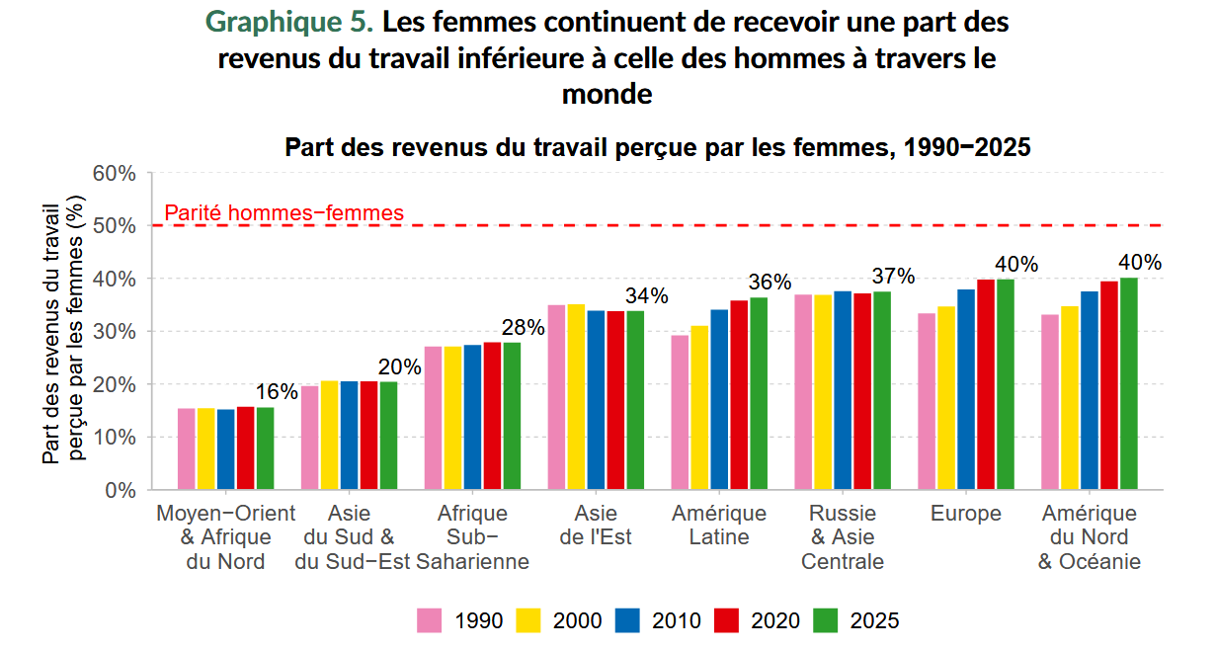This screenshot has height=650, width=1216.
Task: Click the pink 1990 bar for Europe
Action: tap(927, 401)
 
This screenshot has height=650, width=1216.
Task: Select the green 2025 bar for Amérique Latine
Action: tap(759, 393)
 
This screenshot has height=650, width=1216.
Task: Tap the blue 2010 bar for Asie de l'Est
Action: tap(596, 400)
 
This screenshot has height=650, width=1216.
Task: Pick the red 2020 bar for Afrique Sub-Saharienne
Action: tap(492, 416)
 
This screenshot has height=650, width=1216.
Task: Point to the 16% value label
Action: tap(277, 392)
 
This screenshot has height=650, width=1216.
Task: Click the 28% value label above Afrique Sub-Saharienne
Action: tap(524, 328)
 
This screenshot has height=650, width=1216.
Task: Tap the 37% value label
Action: tap(893, 277)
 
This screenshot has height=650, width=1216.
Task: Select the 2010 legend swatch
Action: tap(628, 620)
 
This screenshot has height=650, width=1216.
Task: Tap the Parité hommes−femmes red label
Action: tap(284, 212)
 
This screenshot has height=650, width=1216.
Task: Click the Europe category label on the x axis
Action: tap(965, 514)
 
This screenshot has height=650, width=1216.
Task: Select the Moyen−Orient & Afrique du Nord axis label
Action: tap(226, 537)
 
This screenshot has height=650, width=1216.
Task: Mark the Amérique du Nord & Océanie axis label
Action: tap(1090, 537)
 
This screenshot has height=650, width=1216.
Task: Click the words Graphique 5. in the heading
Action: tap(287, 22)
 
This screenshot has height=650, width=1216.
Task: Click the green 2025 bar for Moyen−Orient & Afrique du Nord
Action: tap(265, 448)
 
